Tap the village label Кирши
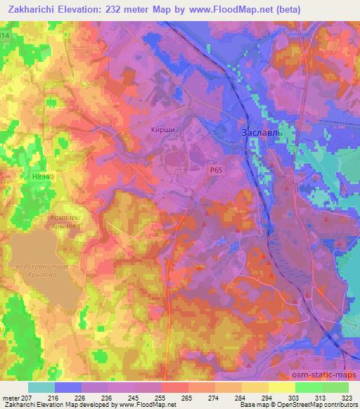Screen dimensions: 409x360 click(162, 129)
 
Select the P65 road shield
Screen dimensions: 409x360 click(217, 170)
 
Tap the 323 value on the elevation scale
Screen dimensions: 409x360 click(347, 398)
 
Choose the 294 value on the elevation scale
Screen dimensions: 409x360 click(268, 398)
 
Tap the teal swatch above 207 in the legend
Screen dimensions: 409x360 click(41, 387)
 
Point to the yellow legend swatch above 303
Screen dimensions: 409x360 click(282, 387)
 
